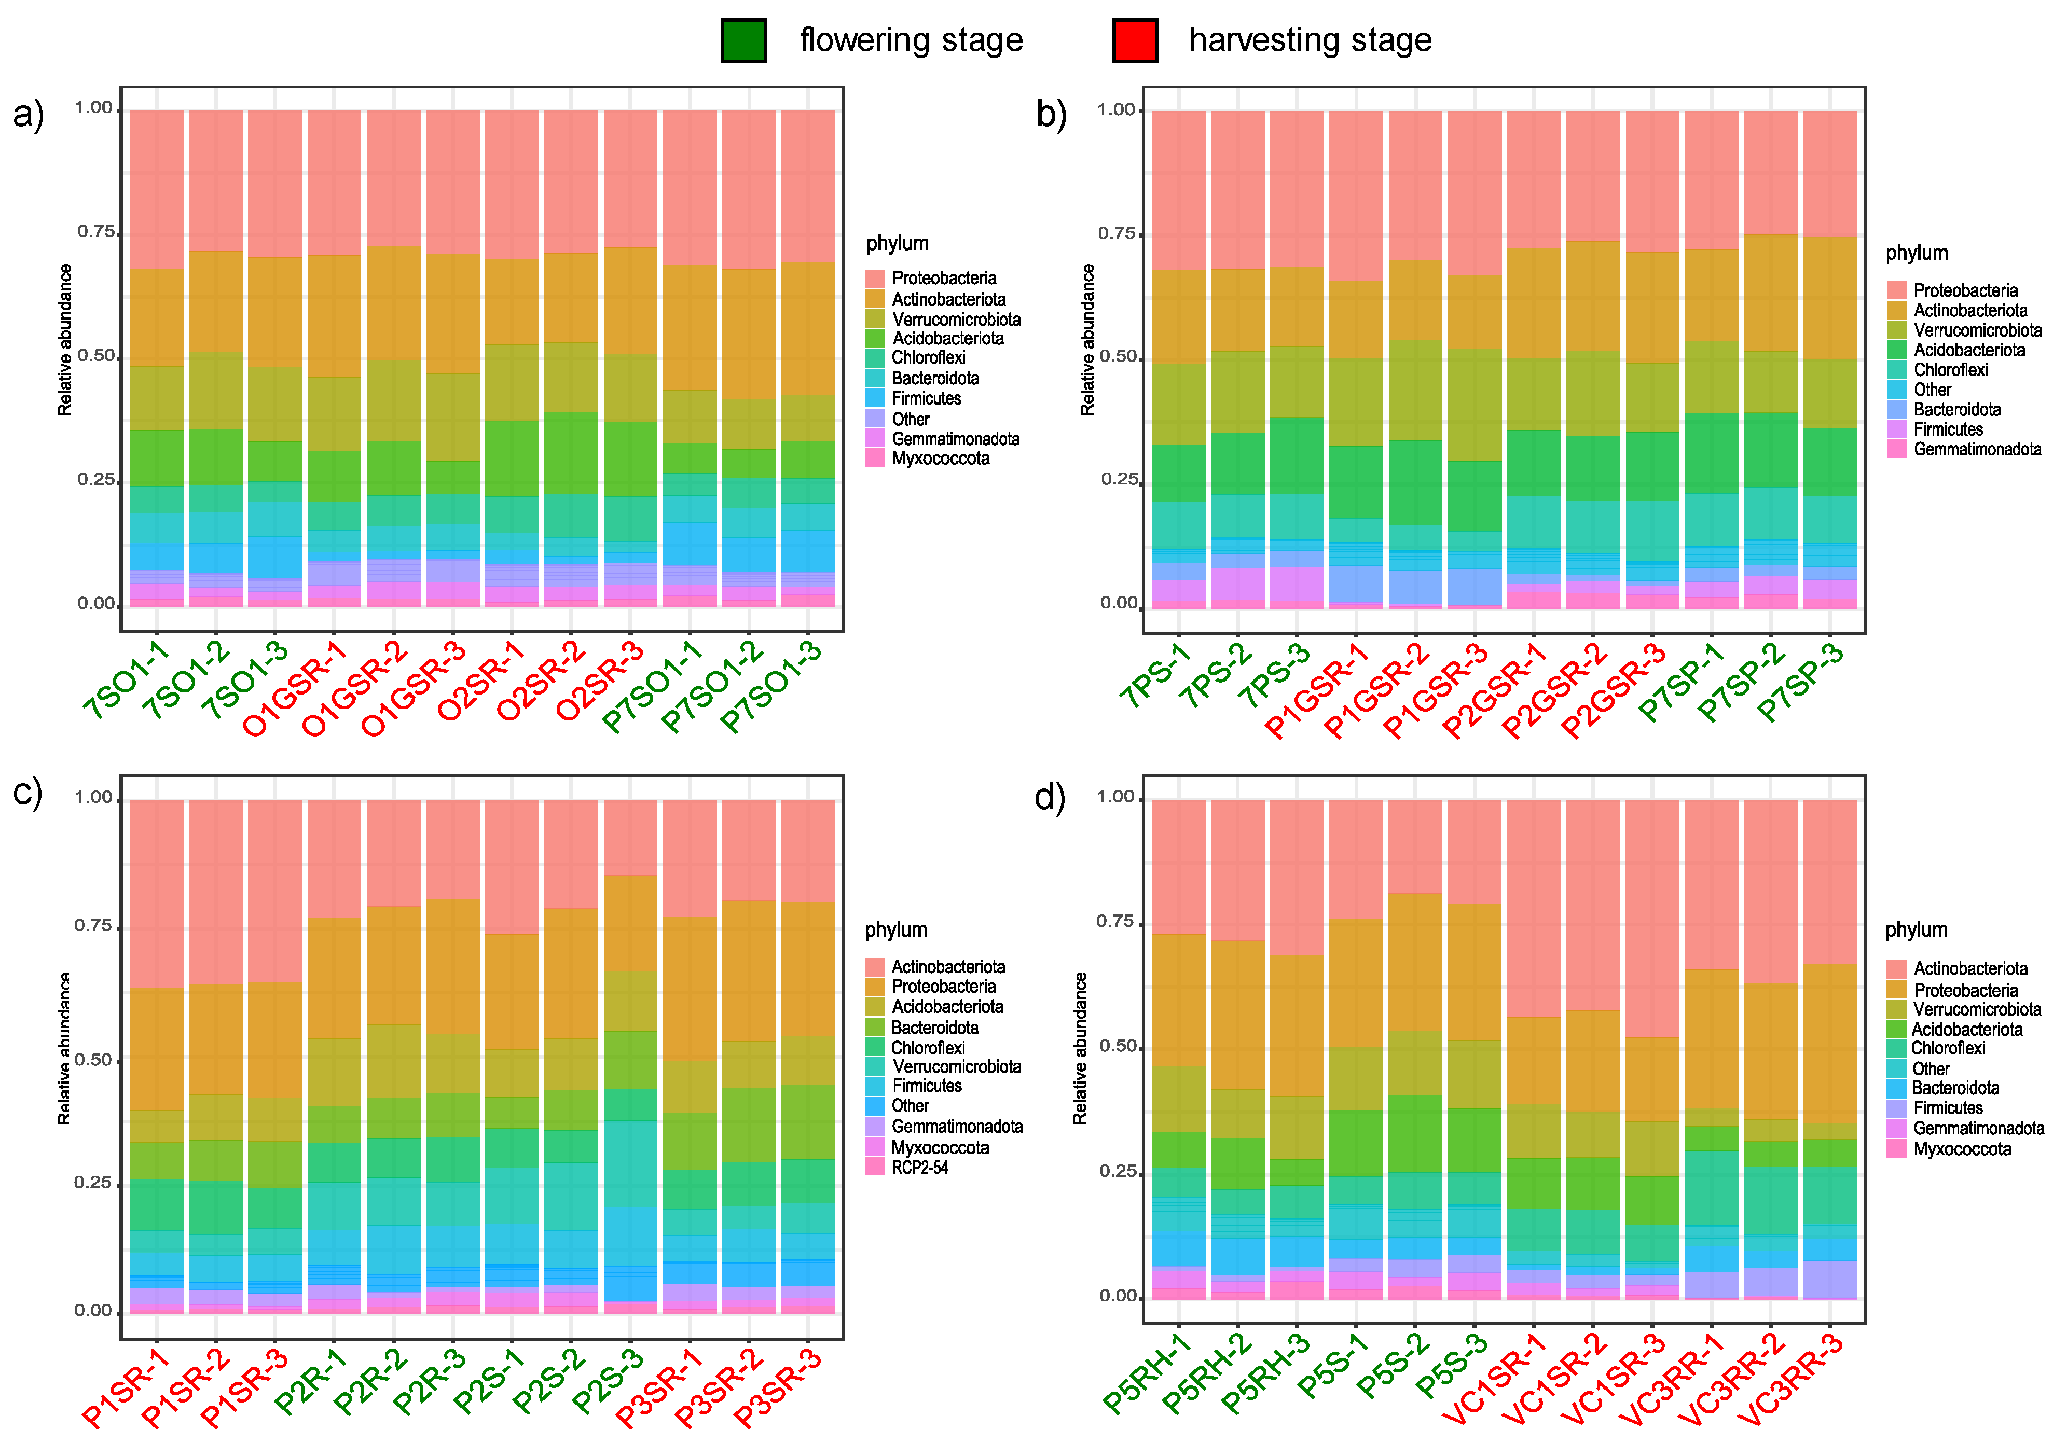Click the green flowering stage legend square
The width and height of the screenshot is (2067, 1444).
pyautogui.click(x=743, y=40)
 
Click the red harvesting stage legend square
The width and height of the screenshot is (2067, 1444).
pyautogui.click(x=1135, y=40)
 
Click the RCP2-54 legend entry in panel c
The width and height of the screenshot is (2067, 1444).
pyautogui.click(x=919, y=1168)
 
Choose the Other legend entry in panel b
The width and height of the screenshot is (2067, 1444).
pyautogui.click(x=1932, y=390)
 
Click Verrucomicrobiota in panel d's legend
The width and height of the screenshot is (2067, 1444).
pyautogui.click(x=1977, y=1009)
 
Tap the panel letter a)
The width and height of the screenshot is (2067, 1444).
pyautogui.click(x=29, y=115)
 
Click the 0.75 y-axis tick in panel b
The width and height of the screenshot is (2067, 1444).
pyautogui.click(x=1117, y=234)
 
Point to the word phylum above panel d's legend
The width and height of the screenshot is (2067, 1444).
pyautogui.click(x=1916, y=930)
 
